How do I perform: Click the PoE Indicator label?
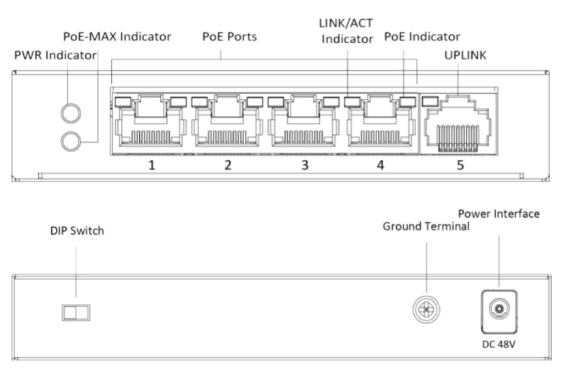click(421, 36)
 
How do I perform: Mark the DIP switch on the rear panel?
click(76, 312)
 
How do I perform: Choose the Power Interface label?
click(499, 214)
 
